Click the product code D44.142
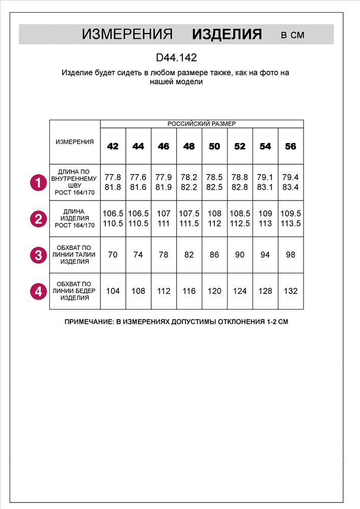[176, 58]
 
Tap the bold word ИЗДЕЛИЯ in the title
[227, 35]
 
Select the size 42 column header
[113, 147]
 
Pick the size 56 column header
[291, 147]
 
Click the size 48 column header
[189, 147]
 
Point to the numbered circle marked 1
[38, 182]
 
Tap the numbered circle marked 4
[38, 291]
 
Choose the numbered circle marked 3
[38, 254]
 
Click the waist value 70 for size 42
[113, 254]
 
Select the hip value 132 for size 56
[291, 291]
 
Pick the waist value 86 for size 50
[214, 254]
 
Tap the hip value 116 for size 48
[189, 291]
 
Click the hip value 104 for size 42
[113, 291]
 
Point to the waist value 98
[291, 254]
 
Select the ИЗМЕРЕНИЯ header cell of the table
[75, 142]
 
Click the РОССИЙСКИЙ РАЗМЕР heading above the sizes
[202, 124]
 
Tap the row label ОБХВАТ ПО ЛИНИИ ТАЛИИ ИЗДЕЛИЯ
[75, 254]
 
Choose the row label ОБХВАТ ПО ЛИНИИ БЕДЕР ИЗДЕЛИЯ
[75, 291]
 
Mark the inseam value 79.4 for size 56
[291, 178]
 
